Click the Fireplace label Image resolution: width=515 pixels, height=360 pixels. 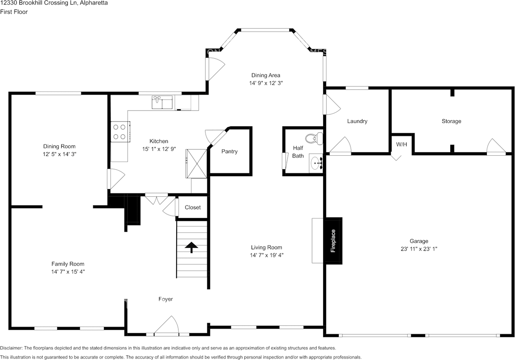[x=333, y=241]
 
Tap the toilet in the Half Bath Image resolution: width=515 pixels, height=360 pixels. [x=313, y=139]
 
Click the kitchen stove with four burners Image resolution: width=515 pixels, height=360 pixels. [x=119, y=132]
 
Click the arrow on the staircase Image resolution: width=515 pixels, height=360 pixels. [x=191, y=247]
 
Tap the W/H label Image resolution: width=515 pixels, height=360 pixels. [x=401, y=144]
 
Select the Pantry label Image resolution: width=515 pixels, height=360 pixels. [x=229, y=152]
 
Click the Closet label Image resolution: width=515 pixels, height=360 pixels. [x=193, y=208]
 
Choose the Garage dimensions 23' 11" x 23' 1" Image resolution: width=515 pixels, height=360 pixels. [x=419, y=249]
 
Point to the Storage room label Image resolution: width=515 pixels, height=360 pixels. [x=451, y=121]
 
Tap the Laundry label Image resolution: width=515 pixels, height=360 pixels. [x=357, y=121]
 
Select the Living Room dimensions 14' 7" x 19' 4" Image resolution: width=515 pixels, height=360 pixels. [x=266, y=255]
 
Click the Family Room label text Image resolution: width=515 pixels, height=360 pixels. [x=68, y=264]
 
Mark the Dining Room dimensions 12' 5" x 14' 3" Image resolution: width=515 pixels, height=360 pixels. [x=59, y=154]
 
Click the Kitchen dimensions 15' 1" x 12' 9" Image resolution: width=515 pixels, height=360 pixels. [x=159, y=149]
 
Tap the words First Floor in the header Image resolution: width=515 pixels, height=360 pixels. [x=14, y=12]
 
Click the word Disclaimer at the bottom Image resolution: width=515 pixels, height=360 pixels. [x=12, y=348]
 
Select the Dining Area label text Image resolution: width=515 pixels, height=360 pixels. [x=266, y=75]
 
